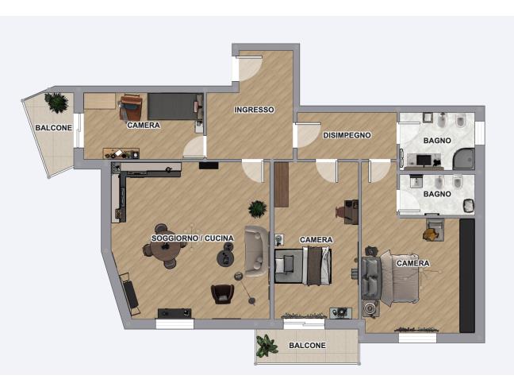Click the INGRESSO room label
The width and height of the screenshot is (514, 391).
click(254, 110)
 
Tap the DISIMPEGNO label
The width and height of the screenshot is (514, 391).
click(347, 135)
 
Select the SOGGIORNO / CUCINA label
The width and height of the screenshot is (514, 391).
click(193, 238)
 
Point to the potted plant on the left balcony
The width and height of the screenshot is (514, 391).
click(56, 103)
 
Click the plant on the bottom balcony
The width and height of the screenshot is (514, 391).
click(267, 346)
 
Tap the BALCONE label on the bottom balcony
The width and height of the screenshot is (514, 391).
click(307, 346)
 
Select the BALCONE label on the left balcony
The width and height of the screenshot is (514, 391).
click(54, 128)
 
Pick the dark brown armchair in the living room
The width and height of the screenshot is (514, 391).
click(223, 294)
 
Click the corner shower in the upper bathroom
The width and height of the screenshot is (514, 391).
click(463, 159)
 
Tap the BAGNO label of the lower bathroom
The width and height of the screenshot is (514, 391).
click(437, 194)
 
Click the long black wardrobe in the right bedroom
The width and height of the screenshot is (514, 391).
click(467, 276)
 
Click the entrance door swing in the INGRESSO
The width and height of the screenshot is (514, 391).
click(250, 68)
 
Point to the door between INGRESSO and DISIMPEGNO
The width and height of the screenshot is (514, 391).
click(308, 135)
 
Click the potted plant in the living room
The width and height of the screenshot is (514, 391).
click(257, 209)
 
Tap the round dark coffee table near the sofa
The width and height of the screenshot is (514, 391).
click(225, 257)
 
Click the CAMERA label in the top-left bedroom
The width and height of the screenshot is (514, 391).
click(144, 125)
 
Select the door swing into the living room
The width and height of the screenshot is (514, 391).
click(253, 171)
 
